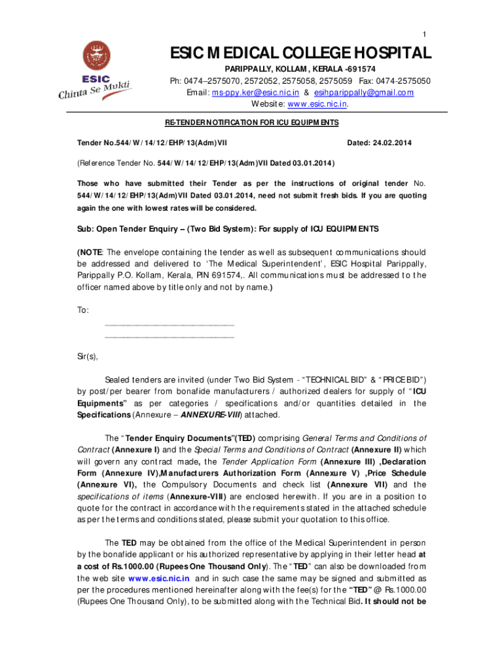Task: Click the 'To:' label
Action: pos(83,310)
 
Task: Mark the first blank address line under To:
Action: pos(169,325)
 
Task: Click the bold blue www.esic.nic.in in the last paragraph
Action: pos(159,578)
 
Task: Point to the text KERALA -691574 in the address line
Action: pos(338,69)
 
